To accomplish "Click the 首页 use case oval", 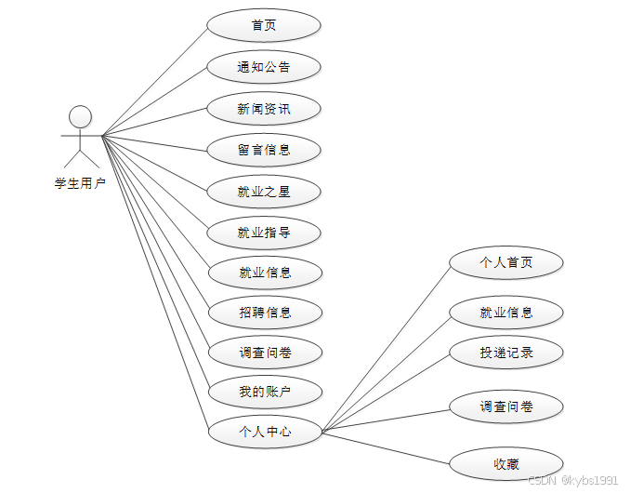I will pyautogui.click(x=264, y=25).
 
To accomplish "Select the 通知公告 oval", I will pyautogui.click(x=264, y=67).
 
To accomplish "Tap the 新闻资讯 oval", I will pyautogui.click(x=264, y=109).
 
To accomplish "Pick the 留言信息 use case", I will pyautogui.click(x=264, y=150).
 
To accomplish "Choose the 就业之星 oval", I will pyautogui.click(x=264, y=192).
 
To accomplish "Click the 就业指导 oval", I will pyautogui.click(x=264, y=233).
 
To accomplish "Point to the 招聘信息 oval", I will pyautogui.click(x=264, y=313).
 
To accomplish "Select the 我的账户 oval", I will pyautogui.click(x=264, y=392).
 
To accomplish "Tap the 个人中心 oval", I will pyautogui.click(x=264, y=432).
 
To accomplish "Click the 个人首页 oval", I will pyautogui.click(x=506, y=263).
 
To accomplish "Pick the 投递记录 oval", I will pyautogui.click(x=506, y=353).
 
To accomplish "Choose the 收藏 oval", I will pyautogui.click(x=506, y=463).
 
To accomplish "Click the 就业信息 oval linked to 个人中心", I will pyautogui.click(x=506, y=313).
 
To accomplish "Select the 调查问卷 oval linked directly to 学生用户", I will pyautogui.click(x=264, y=353).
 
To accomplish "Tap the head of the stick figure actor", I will pyautogui.click(x=81, y=116).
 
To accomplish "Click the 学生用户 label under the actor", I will pyautogui.click(x=80, y=183).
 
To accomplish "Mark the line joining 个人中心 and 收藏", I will pyautogui.click(x=386, y=446).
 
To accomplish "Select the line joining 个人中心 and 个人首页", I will pyautogui.click(x=386, y=347).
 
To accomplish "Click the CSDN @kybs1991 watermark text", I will pyautogui.click(x=572, y=480).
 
